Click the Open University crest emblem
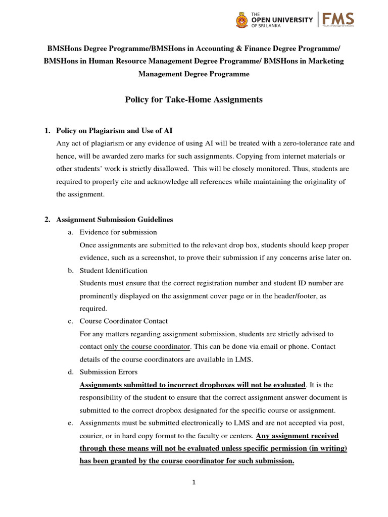point(242,20)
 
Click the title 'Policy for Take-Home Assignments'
point(193,99)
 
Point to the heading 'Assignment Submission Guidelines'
point(114,220)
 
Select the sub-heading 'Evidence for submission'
point(118,232)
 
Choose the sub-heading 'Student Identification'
point(114,271)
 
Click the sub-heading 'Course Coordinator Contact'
point(124,321)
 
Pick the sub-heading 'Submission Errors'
point(109,372)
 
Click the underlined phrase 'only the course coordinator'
point(147,347)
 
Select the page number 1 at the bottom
point(193,483)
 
